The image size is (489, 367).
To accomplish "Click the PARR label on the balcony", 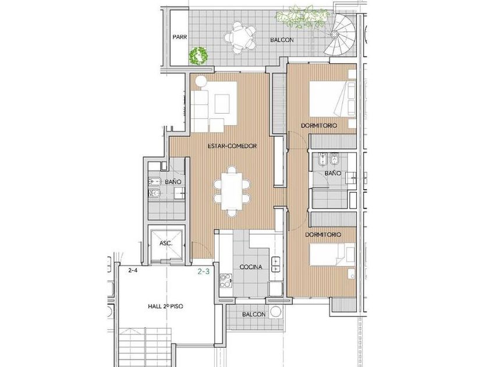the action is (x=180, y=37).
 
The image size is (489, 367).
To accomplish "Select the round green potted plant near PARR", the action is (x=199, y=56).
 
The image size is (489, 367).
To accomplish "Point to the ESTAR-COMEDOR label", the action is (x=232, y=146).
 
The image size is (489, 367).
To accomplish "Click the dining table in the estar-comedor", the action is (x=232, y=191).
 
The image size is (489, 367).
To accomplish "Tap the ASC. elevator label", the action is (x=166, y=243).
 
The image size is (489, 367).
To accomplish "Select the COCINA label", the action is (x=251, y=267).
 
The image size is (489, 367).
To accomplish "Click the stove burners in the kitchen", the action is (x=226, y=281).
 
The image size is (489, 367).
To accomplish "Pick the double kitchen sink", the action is (x=276, y=264).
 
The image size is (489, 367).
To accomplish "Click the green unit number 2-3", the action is (x=204, y=271).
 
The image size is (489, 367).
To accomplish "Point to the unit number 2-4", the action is (x=133, y=270).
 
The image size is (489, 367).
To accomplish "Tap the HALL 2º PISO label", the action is (x=165, y=306).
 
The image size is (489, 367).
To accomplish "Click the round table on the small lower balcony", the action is (x=276, y=312).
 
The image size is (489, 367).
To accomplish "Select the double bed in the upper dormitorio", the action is (x=332, y=99).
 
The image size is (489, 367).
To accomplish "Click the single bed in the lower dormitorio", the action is (x=332, y=255).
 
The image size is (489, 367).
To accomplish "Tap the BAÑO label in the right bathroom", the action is (x=333, y=173).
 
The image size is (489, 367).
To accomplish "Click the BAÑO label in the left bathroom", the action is (x=173, y=181).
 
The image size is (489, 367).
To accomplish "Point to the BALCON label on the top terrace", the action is (x=282, y=40).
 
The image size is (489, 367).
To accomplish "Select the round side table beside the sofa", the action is (x=200, y=82).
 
